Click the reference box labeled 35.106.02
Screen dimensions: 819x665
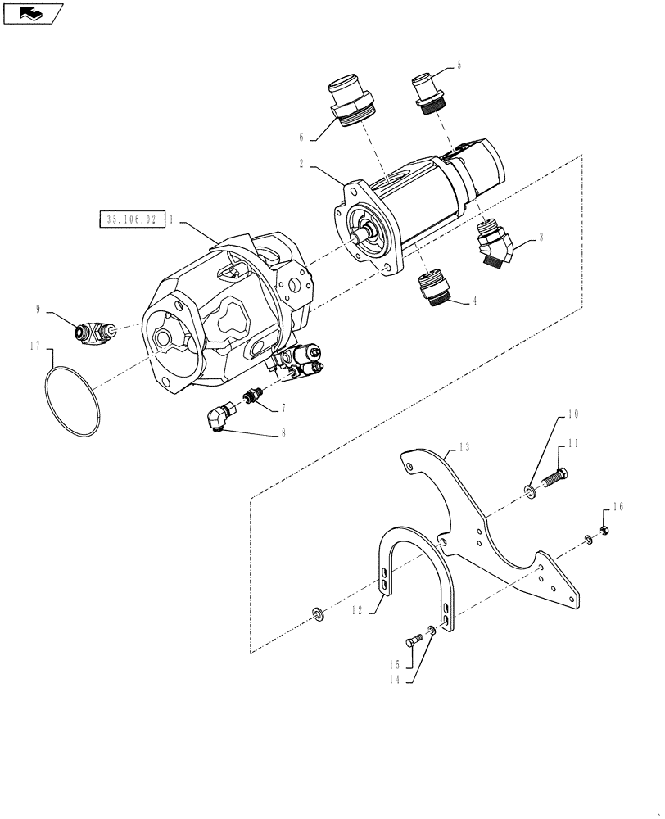point(130,219)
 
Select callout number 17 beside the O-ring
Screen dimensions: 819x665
point(35,347)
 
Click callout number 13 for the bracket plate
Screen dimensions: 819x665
point(464,447)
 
